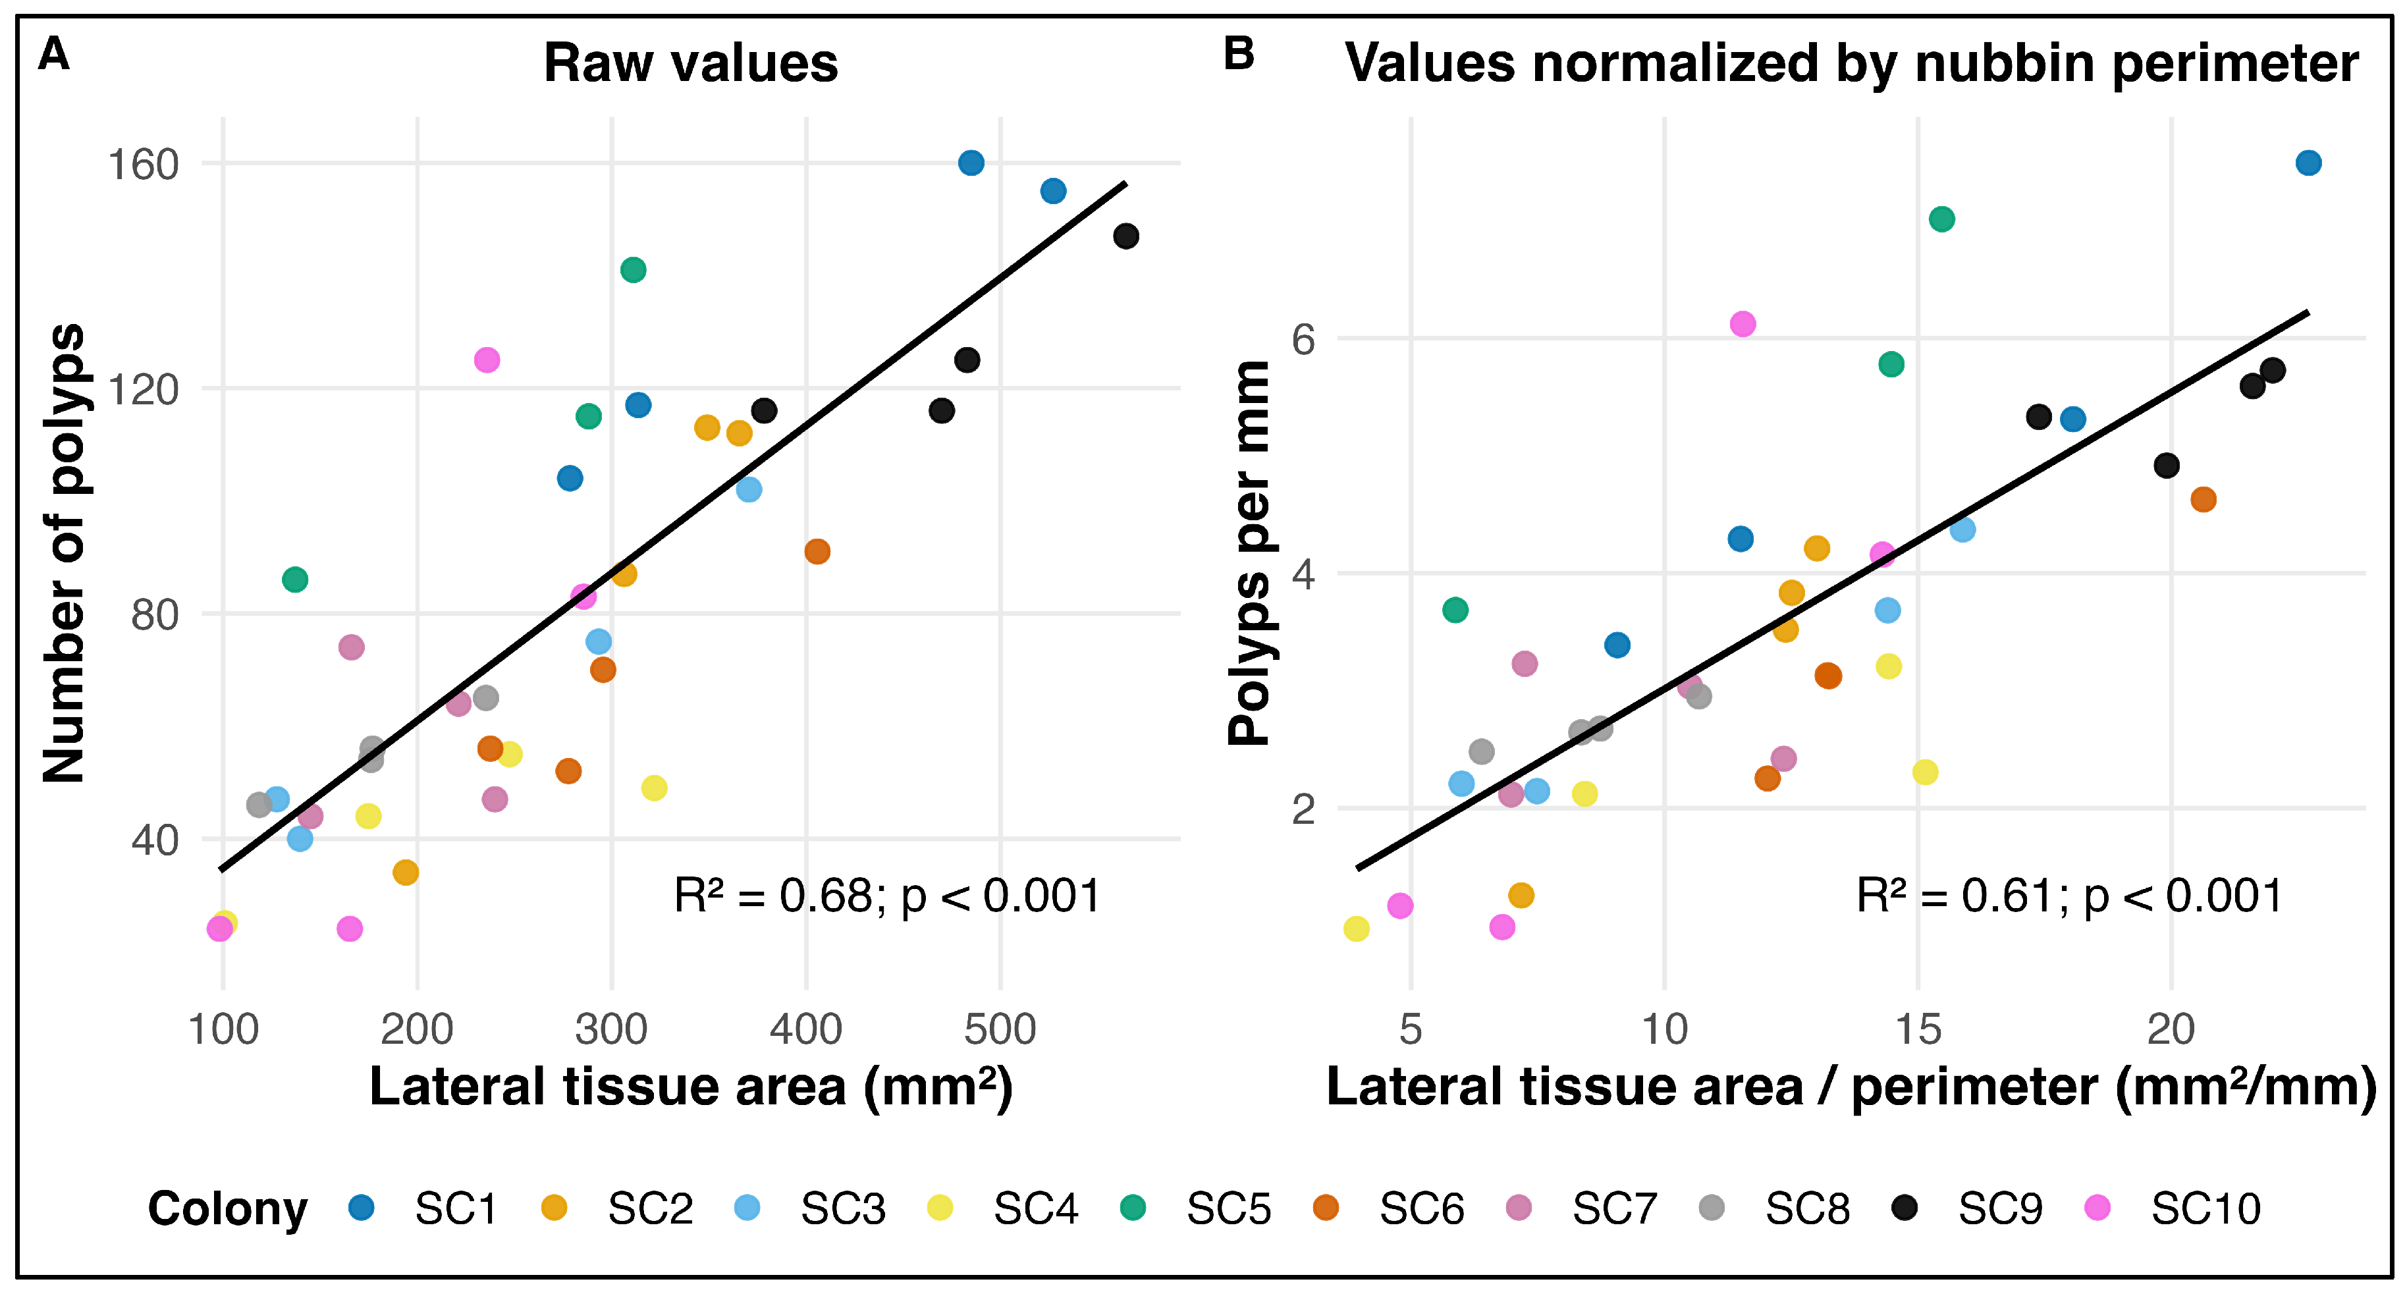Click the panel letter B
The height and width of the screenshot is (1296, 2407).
(1238, 54)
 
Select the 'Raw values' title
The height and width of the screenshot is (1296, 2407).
(691, 63)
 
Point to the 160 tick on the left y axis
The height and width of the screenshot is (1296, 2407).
(143, 165)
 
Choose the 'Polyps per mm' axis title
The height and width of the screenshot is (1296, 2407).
(1249, 553)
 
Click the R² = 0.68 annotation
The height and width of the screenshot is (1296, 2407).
(887, 896)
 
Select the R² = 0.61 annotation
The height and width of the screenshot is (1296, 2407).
(2069, 896)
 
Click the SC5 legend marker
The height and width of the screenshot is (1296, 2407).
(1133, 1207)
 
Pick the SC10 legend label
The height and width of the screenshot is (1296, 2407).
(2205, 1209)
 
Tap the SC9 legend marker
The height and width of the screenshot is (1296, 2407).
(1905, 1207)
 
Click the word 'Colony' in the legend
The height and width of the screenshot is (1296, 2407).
(227, 1209)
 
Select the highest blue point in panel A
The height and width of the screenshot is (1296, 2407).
(971, 163)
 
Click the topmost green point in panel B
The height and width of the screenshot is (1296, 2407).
(1941, 219)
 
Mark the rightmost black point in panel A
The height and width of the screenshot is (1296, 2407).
(1126, 236)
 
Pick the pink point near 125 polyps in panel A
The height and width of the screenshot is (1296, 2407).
(487, 360)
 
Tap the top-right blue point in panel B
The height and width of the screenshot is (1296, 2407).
(2308, 163)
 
